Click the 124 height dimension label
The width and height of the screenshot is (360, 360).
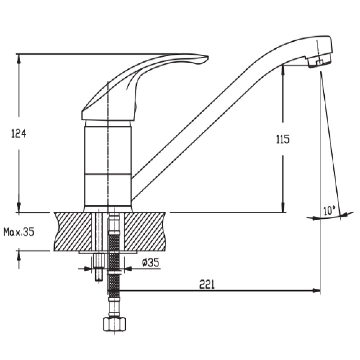coord(19,134)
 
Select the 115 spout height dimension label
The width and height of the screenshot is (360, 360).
coord(283,139)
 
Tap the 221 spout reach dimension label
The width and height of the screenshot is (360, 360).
coord(207,284)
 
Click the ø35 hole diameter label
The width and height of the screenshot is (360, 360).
coord(150,263)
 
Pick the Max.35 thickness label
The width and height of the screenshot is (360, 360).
coord(19,232)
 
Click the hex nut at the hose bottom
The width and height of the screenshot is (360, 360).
coord(114,324)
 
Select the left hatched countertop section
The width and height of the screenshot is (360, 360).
coord(73,231)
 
